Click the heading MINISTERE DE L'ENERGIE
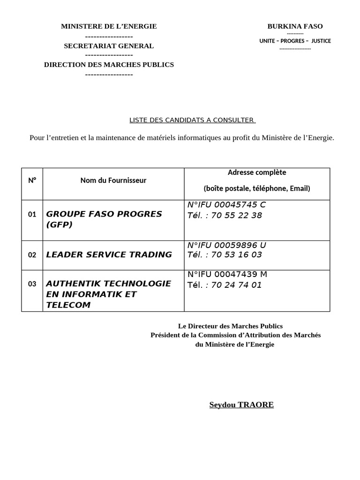(109, 27)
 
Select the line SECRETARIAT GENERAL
(109, 46)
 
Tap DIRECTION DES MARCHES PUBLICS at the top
(109, 65)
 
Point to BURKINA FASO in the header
(295, 27)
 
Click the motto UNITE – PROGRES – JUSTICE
(295, 41)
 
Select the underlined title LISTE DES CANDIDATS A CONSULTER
(192, 120)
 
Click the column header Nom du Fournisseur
(113, 180)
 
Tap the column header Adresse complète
(257, 172)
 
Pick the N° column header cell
(32, 180)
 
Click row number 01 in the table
(32, 215)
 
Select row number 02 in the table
(32, 255)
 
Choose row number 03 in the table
(32, 284)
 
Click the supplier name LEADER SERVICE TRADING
(109, 255)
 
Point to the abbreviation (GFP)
(59, 225)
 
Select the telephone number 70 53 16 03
(236, 255)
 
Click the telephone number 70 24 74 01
(236, 285)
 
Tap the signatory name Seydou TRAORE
(241, 405)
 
